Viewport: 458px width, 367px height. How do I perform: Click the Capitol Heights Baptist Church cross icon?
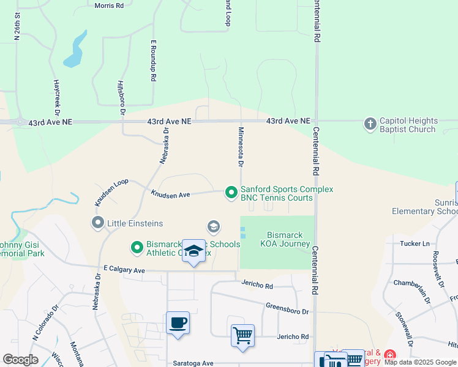pyautogui.click(x=370, y=124)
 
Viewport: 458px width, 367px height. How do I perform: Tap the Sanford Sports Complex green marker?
pyautogui.click(x=231, y=193)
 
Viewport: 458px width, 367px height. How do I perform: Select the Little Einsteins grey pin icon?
pyautogui.click(x=97, y=223)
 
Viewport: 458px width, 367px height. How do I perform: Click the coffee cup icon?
pyautogui.click(x=178, y=322)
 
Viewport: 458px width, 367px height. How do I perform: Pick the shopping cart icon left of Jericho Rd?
pyautogui.click(x=242, y=335)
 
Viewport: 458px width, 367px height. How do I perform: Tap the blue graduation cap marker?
pyautogui.click(x=194, y=251)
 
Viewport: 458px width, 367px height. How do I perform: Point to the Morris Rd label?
pyautogui.click(x=109, y=6)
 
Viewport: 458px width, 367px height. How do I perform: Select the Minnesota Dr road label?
pyautogui.click(x=241, y=147)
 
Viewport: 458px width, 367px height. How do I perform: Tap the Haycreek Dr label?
pyautogui.click(x=56, y=98)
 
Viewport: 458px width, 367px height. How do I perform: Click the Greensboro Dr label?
pyautogui.click(x=287, y=308)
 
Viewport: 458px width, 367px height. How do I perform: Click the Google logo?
pyautogui.click(x=20, y=360)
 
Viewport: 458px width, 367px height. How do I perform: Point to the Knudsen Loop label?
pyautogui.click(x=111, y=191)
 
